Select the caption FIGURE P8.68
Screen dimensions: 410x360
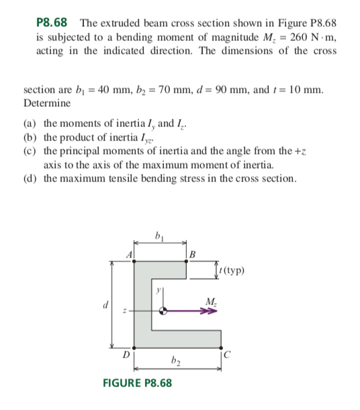pyautogui.click(x=136, y=383)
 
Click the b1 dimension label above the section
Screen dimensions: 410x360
pyautogui.click(x=159, y=235)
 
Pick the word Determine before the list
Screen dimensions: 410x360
pyautogui.click(x=47, y=104)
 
